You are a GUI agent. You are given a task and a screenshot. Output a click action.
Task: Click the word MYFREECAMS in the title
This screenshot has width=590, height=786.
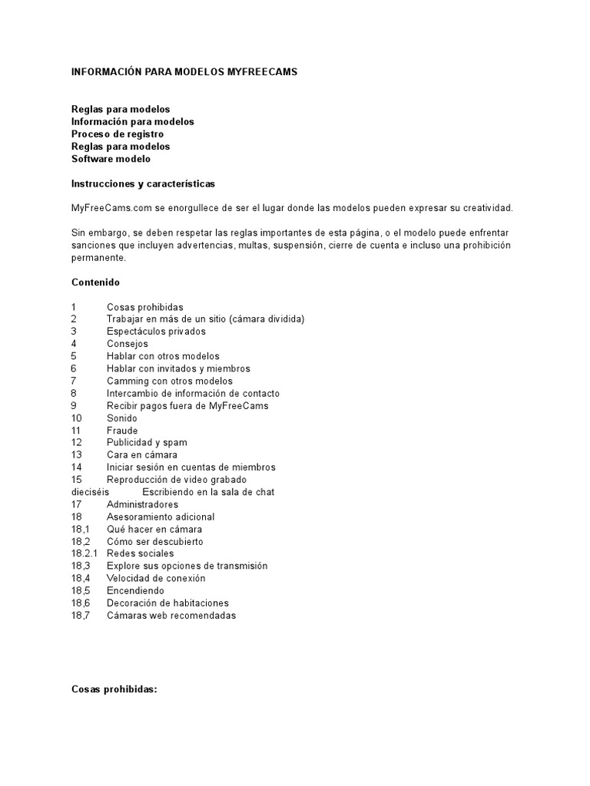click(x=262, y=71)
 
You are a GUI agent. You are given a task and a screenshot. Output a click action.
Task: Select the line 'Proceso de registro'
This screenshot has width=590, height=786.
click(x=118, y=134)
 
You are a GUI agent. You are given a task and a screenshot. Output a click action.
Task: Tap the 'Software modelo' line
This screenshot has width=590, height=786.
click(x=111, y=159)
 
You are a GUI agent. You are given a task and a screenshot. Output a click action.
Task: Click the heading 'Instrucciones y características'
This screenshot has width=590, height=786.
click(x=144, y=184)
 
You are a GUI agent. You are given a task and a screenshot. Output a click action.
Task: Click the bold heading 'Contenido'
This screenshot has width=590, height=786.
click(x=95, y=282)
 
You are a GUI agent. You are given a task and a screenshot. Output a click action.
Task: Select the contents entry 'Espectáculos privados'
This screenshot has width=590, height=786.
click(x=156, y=332)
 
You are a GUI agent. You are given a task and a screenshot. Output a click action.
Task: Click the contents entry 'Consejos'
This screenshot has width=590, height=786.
click(x=128, y=344)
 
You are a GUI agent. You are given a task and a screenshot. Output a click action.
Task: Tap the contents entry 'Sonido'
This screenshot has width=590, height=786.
click(x=122, y=418)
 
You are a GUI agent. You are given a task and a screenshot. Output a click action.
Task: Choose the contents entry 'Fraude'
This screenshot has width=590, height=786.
click(x=122, y=431)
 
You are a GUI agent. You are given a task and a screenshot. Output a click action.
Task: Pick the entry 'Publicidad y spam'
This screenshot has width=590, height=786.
click(x=147, y=443)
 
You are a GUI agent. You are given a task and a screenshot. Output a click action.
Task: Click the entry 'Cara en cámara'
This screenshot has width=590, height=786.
click(x=141, y=455)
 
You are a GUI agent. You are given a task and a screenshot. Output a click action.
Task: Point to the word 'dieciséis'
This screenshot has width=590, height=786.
click(x=91, y=492)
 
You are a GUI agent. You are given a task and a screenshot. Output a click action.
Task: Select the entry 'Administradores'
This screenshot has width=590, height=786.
click(x=142, y=504)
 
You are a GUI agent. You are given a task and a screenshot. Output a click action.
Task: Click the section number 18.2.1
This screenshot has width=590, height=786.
click(x=85, y=553)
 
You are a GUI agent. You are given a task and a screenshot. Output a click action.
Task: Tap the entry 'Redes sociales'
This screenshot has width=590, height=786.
click(x=141, y=553)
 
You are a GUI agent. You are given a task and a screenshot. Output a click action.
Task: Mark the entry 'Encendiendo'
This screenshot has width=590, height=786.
click(x=135, y=591)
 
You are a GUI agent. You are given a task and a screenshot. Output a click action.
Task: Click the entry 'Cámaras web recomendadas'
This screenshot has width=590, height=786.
click(x=171, y=616)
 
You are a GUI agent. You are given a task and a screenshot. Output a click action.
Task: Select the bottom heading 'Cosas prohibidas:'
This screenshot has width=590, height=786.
click(x=114, y=668)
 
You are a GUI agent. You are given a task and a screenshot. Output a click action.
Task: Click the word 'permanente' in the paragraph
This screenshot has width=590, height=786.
click(x=98, y=258)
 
